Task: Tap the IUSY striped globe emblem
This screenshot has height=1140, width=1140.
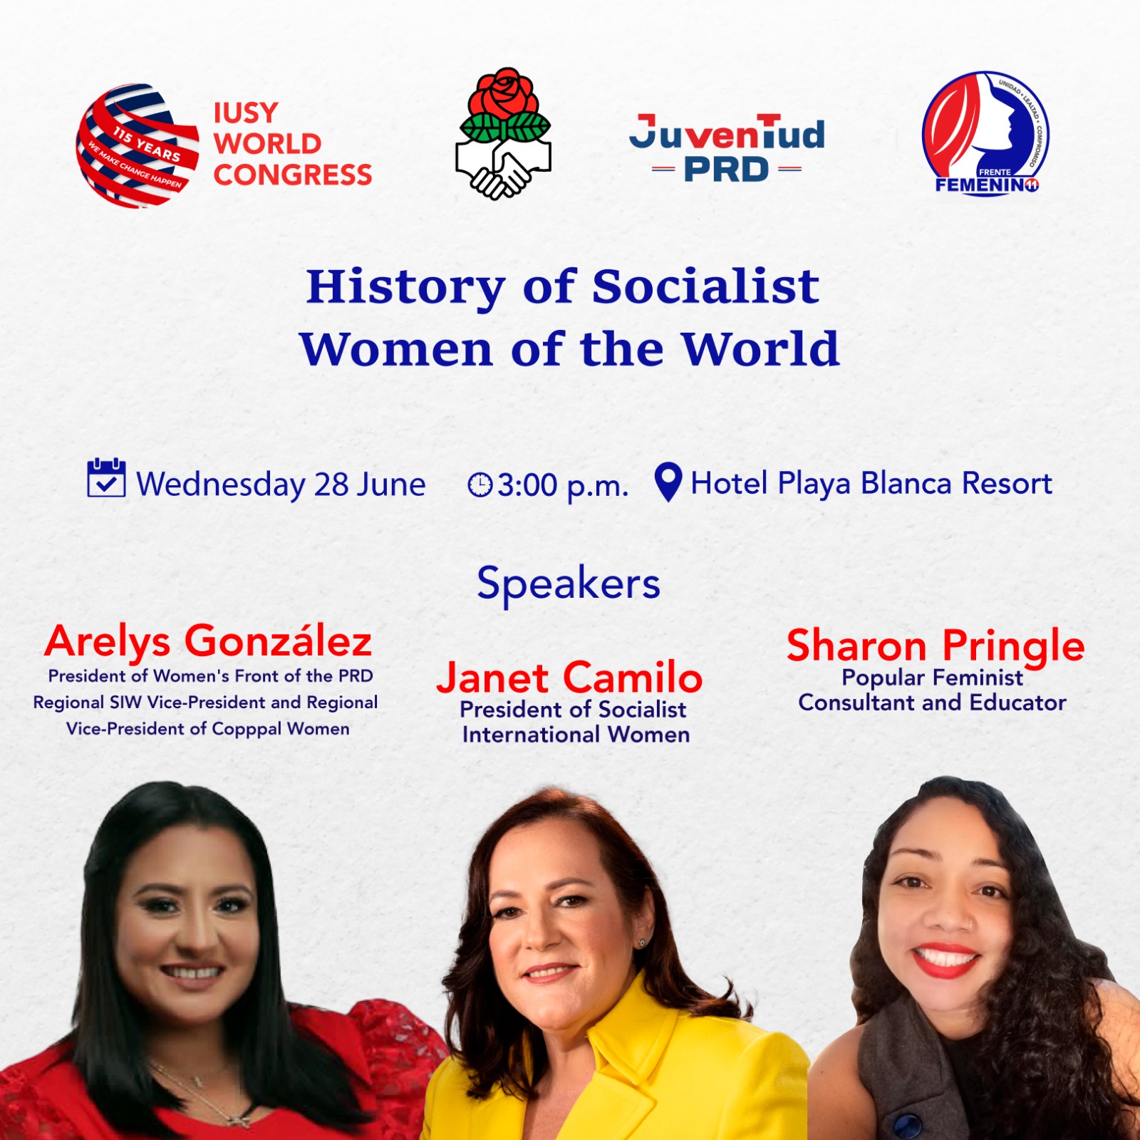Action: click(137, 146)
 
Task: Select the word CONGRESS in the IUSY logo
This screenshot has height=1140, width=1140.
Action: click(293, 175)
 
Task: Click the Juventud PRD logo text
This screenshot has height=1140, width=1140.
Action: click(727, 148)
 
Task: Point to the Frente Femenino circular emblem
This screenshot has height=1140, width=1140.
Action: click(985, 133)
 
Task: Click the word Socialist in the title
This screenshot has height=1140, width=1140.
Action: click(705, 286)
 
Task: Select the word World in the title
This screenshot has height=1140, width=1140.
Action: click(760, 349)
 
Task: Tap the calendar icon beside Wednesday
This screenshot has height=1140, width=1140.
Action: click(106, 478)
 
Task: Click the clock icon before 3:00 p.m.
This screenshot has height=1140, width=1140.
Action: click(480, 485)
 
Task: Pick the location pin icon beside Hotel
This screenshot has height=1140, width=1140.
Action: click(668, 482)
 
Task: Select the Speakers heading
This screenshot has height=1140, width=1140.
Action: click(569, 584)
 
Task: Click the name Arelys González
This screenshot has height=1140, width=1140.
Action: click(208, 641)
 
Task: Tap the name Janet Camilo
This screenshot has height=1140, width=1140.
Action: click(569, 677)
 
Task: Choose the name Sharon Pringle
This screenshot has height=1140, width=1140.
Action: click(936, 647)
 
